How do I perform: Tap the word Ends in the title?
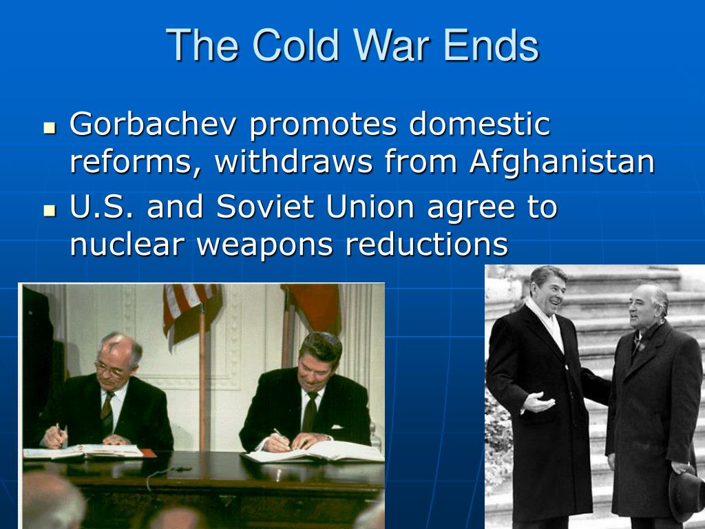490,45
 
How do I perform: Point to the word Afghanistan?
561,162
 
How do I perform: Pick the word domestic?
480,125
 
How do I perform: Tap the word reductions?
426,245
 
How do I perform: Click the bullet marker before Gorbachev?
49,128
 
